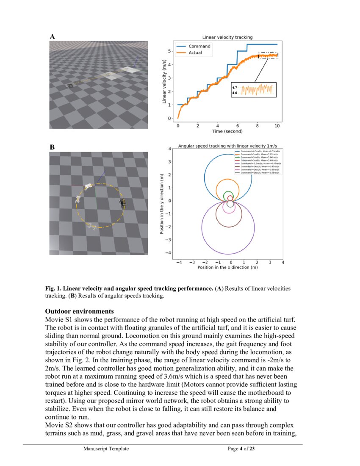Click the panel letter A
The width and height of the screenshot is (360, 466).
click(x=52, y=37)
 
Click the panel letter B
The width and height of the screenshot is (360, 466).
click(x=52, y=147)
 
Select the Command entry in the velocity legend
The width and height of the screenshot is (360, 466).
click(x=199, y=46)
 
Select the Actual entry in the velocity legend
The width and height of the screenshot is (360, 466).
click(x=195, y=53)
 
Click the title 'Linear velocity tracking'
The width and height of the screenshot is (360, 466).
click(x=227, y=38)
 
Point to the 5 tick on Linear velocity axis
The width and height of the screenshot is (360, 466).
click(x=170, y=51)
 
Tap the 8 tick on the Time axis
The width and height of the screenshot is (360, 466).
click(x=258, y=126)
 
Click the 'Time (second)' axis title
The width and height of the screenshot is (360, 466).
click(x=227, y=132)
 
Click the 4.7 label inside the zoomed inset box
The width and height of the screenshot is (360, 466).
click(x=234, y=87)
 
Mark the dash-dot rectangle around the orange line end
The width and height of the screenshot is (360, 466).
click(x=269, y=55)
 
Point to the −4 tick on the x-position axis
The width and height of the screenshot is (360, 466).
click(x=179, y=262)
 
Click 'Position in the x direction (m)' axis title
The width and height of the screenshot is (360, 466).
click(x=227, y=268)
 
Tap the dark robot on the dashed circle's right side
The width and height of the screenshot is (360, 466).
click(x=122, y=202)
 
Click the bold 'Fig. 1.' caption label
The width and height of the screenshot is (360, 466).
click(x=54, y=288)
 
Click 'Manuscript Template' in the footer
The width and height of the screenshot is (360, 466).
click(x=106, y=449)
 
